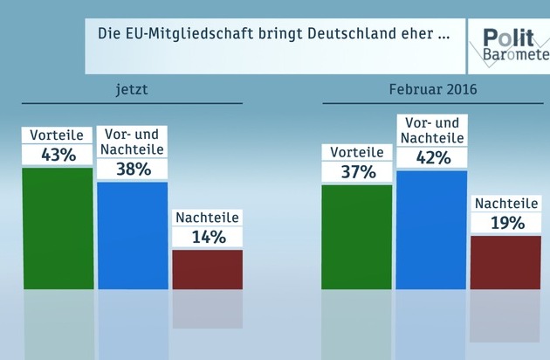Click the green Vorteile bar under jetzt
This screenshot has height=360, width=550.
[x=58, y=227]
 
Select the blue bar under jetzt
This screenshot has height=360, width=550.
[x=132, y=235]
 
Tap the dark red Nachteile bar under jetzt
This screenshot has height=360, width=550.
[x=207, y=269]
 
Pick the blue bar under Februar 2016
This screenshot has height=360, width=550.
[x=431, y=229]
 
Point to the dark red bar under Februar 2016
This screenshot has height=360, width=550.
[x=505, y=262]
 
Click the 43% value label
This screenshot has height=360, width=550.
[x=58, y=155]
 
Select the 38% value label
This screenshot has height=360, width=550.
[x=133, y=170]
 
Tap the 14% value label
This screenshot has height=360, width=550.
[x=207, y=237]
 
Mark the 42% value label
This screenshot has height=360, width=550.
[x=431, y=157]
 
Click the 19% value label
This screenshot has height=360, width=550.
[x=505, y=223]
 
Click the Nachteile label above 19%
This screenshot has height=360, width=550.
[x=505, y=204]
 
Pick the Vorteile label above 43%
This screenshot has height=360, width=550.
[x=58, y=135]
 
